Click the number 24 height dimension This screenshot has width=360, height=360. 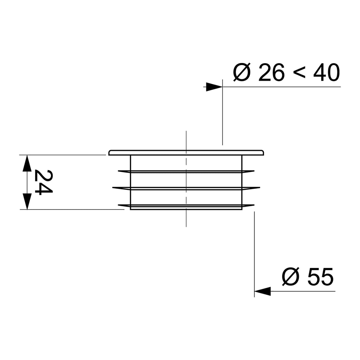pos(43,182)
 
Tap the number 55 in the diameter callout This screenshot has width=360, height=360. pos(320,276)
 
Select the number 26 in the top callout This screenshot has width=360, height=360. pos(271,72)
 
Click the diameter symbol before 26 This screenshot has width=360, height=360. pos(242,72)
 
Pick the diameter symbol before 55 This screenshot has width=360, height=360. pos(291,276)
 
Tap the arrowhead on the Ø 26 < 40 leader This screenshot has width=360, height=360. pos(214,87)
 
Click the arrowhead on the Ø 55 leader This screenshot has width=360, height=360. pos(262,291)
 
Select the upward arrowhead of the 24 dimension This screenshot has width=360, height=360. pos(27,163)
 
